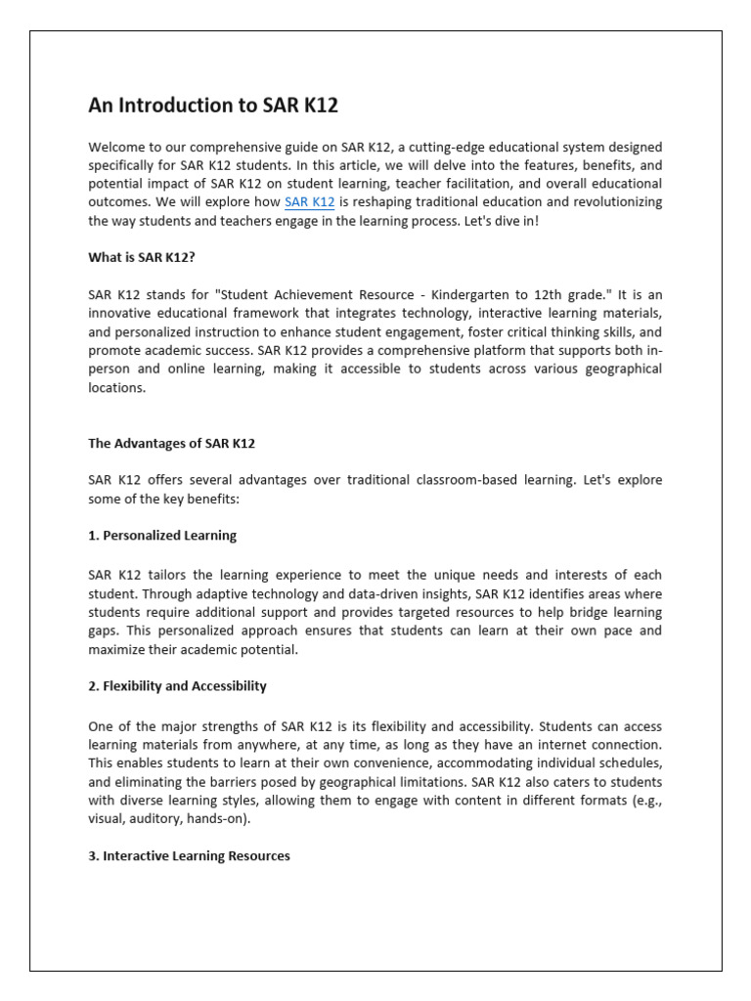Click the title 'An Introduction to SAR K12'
click(213, 106)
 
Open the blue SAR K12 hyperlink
click(309, 202)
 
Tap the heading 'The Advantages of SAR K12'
click(171, 443)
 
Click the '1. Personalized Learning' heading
click(161, 536)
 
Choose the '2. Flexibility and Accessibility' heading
click(177, 686)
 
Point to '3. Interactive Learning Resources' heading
click(189, 855)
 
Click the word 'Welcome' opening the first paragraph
click(116, 148)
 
